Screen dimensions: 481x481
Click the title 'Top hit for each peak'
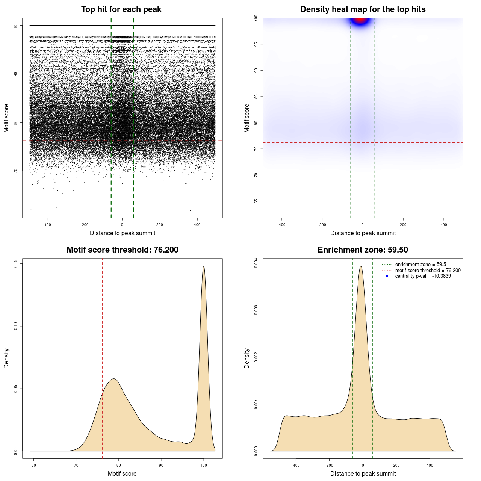pyautogui.click(x=121, y=9)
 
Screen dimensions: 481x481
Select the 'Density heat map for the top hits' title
pyautogui.click(x=363, y=9)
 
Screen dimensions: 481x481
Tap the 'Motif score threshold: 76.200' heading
pyautogui.click(x=122, y=250)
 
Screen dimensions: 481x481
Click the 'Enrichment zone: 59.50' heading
pyautogui.click(x=363, y=250)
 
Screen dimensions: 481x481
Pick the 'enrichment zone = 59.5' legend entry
pyautogui.click(x=420, y=265)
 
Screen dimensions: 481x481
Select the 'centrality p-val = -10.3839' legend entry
pyautogui.click(x=423, y=276)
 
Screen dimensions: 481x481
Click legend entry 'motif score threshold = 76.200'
pyautogui.click(x=428, y=271)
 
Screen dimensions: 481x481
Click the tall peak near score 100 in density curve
pyautogui.click(x=204, y=266)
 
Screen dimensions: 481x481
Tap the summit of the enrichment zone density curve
pyautogui.click(x=361, y=266)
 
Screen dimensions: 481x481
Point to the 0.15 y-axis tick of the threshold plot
pyautogui.click(x=15, y=264)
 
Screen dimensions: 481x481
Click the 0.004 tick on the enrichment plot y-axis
pyautogui.click(x=256, y=263)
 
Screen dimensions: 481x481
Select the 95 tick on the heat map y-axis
pyautogui.click(x=256, y=44)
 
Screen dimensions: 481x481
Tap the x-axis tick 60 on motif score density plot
pyautogui.click(x=33, y=466)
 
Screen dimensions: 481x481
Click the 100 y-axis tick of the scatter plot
pyautogui.click(x=15, y=25)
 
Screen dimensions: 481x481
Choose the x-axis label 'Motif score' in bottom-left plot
pyautogui.click(x=122, y=473)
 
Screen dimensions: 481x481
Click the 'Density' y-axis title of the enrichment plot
pyautogui.click(x=247, y=358)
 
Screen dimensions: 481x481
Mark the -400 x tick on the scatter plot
pyautogui.click(x=47, y=225)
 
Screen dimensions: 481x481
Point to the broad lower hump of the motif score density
pyautogui.click(x=113, y=379)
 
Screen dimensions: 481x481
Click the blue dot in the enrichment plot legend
pyautogui.click(x=387, y=276)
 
